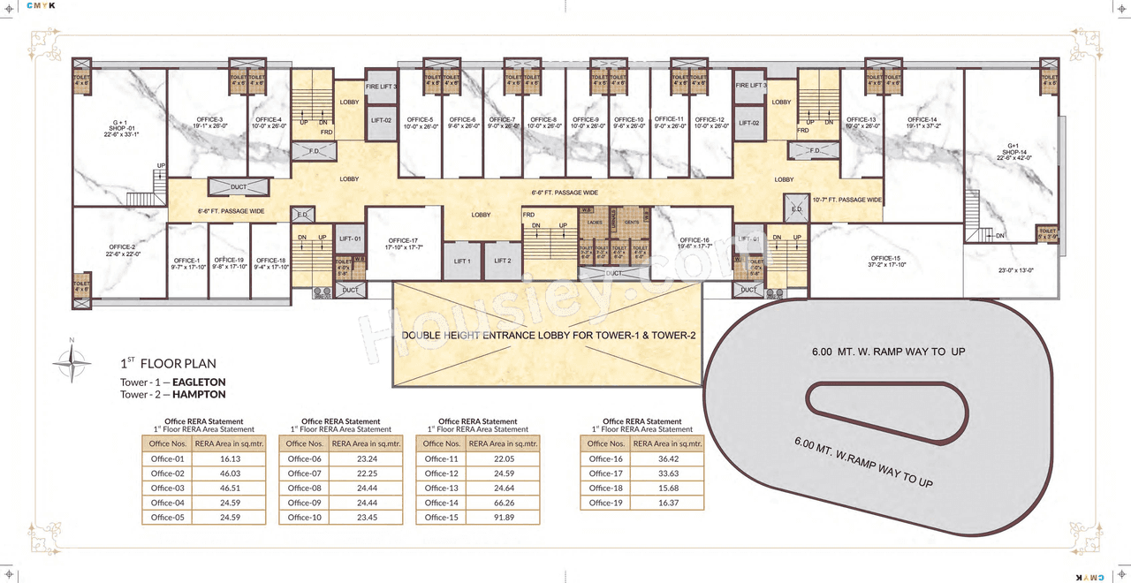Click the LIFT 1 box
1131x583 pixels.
[462, 261]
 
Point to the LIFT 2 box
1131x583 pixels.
[503, 261]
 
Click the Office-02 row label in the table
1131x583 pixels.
[167, 473]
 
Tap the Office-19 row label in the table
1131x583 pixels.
[605, 503]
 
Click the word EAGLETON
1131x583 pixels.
[199, 382]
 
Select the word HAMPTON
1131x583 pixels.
[199, 394]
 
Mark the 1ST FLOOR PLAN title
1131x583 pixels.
[168, 363]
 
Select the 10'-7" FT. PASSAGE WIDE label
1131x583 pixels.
[846, 200]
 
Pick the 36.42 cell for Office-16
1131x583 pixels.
[668, 458]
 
